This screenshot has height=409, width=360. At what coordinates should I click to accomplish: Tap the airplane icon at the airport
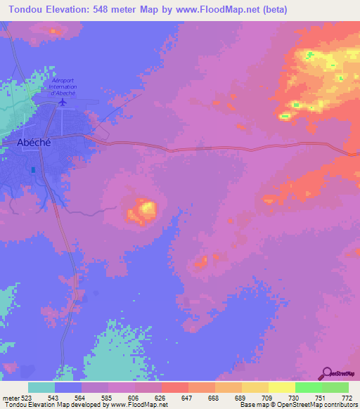(63, 103)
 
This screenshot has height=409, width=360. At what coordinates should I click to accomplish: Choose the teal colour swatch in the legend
(41, 387)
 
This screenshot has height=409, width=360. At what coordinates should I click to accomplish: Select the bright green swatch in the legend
(308, 387)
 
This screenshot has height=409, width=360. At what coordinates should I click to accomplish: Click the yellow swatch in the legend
(281, 387)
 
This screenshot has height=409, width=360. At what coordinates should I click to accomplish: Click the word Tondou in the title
(25, 9)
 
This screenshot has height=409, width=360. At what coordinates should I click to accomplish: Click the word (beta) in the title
(271, 9)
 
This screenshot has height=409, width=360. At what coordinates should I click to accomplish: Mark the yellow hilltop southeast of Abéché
(146, 208)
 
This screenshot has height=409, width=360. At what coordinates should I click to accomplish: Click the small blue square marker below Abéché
(32, 169)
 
